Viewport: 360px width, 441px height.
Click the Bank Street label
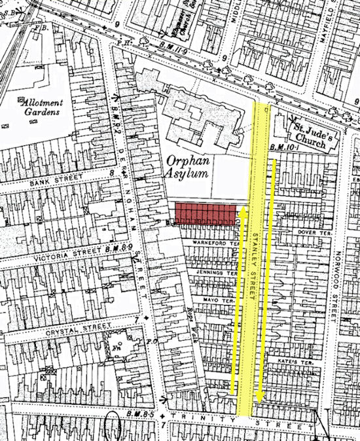pyautogui.click(x=58, y=178)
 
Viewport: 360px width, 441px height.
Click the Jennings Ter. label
pyautogui.click(x=219, y=272)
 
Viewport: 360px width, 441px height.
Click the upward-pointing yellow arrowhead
pyautogui.click(x=241, y=211)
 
